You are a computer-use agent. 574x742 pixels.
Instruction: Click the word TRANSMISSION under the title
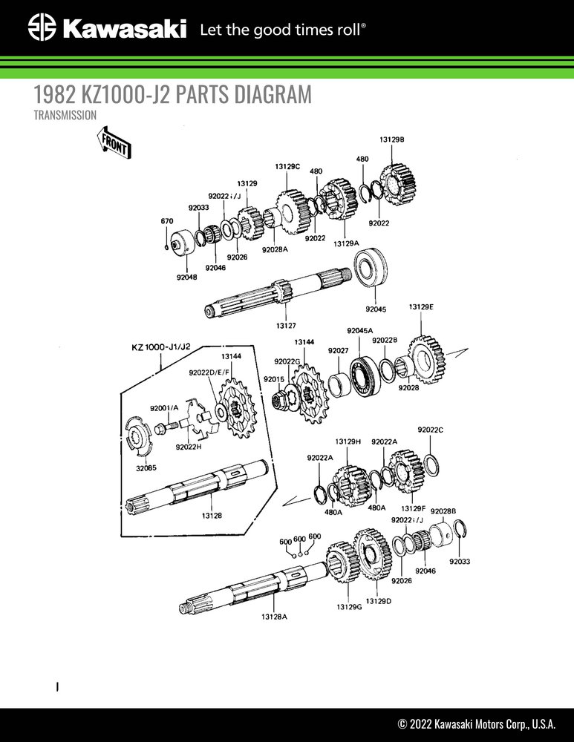pos(65,115)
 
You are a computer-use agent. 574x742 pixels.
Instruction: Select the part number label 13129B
pos(391,139)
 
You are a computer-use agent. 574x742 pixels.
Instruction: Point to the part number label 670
pos(167,221)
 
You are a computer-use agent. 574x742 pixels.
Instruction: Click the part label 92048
pos(186,277)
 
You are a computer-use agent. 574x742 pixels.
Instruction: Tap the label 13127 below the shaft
pos(285,325)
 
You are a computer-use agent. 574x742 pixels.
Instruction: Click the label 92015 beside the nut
pos(273,379)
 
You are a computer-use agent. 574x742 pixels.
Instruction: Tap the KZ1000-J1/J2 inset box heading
pos(161,347)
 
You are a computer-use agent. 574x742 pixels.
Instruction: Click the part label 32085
pos(146,467)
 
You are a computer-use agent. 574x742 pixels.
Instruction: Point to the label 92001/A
pos(164,408)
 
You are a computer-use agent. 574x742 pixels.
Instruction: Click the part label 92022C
pos(430,430)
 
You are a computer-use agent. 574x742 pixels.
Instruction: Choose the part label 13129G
pos(348,606)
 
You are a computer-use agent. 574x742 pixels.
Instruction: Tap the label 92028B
pos(443,511)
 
